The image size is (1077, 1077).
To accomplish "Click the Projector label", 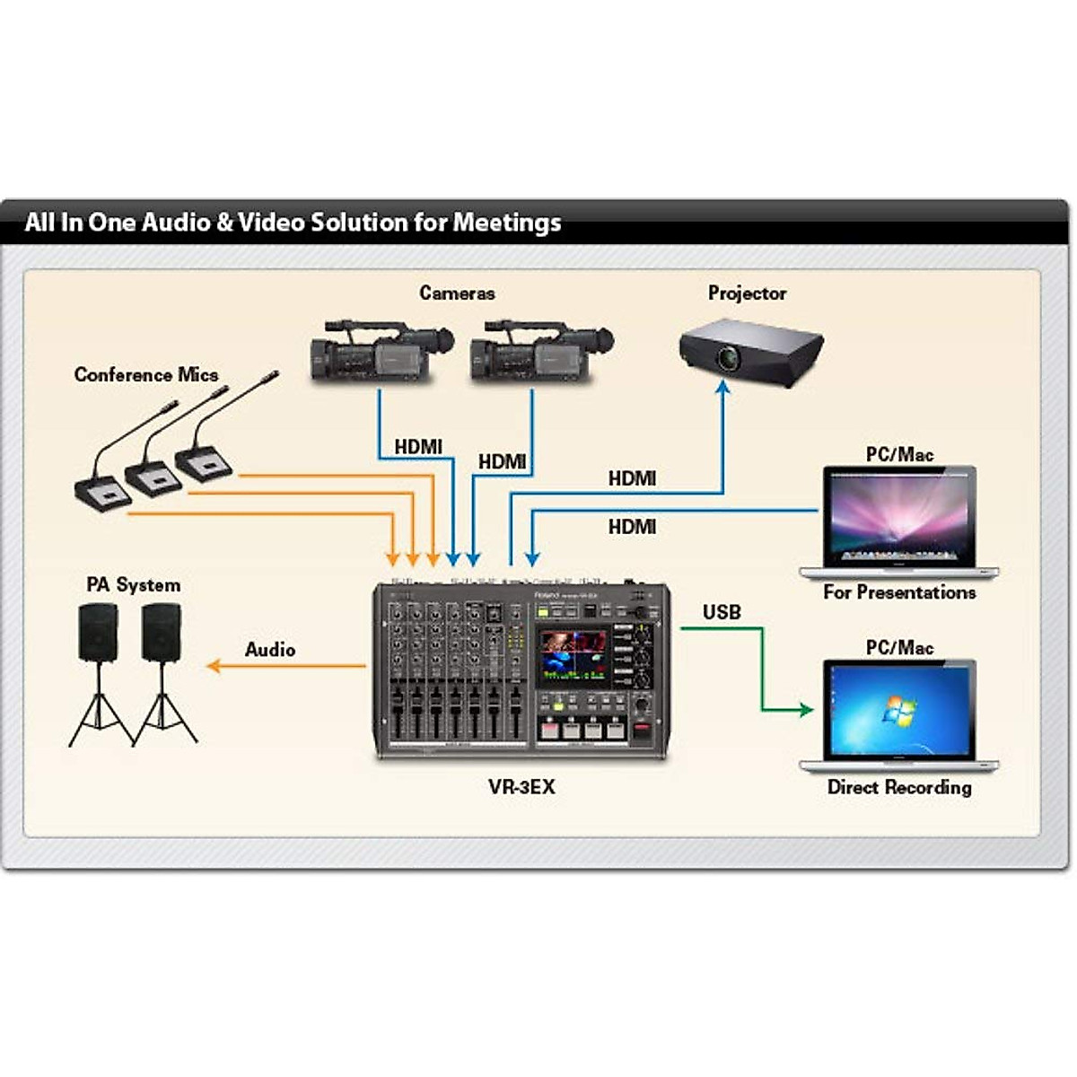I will (747, 293).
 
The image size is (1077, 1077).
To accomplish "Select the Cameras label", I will (457, 293).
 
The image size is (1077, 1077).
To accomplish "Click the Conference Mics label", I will (146, 375).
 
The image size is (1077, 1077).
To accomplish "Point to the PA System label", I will (134, 585).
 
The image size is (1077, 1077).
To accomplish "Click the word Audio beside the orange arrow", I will (270, 650).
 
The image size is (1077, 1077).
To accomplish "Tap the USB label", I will (722, 613).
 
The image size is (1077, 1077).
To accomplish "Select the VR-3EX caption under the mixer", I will (521, 787).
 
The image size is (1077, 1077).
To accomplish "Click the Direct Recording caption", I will (899, 788).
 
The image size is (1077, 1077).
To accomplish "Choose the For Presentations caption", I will (899, 592).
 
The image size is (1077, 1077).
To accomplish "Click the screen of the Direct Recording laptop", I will (899, 710).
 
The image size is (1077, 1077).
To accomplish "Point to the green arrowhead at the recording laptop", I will (805, 710).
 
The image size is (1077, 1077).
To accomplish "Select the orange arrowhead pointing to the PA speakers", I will (214, 666).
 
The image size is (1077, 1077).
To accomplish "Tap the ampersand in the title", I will (224, 223).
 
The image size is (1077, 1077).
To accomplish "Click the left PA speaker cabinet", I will (98, 632).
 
